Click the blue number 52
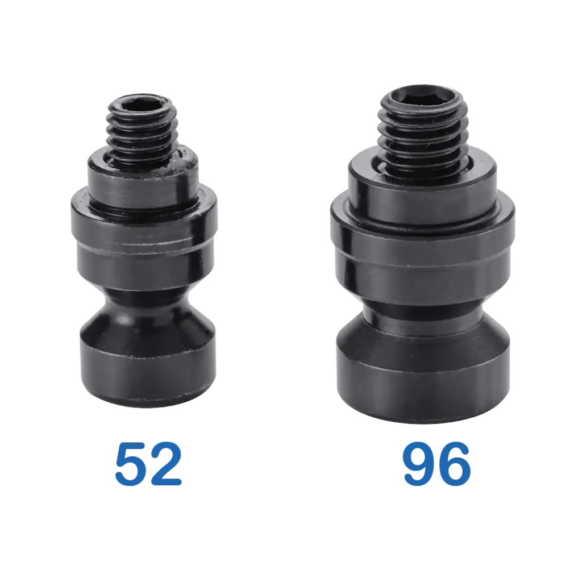tap(149, 464)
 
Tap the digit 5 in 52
tap(132, 464)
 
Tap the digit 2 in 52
tap(167, 464)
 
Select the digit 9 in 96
tap(418, 465)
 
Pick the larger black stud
tap(422, 256)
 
